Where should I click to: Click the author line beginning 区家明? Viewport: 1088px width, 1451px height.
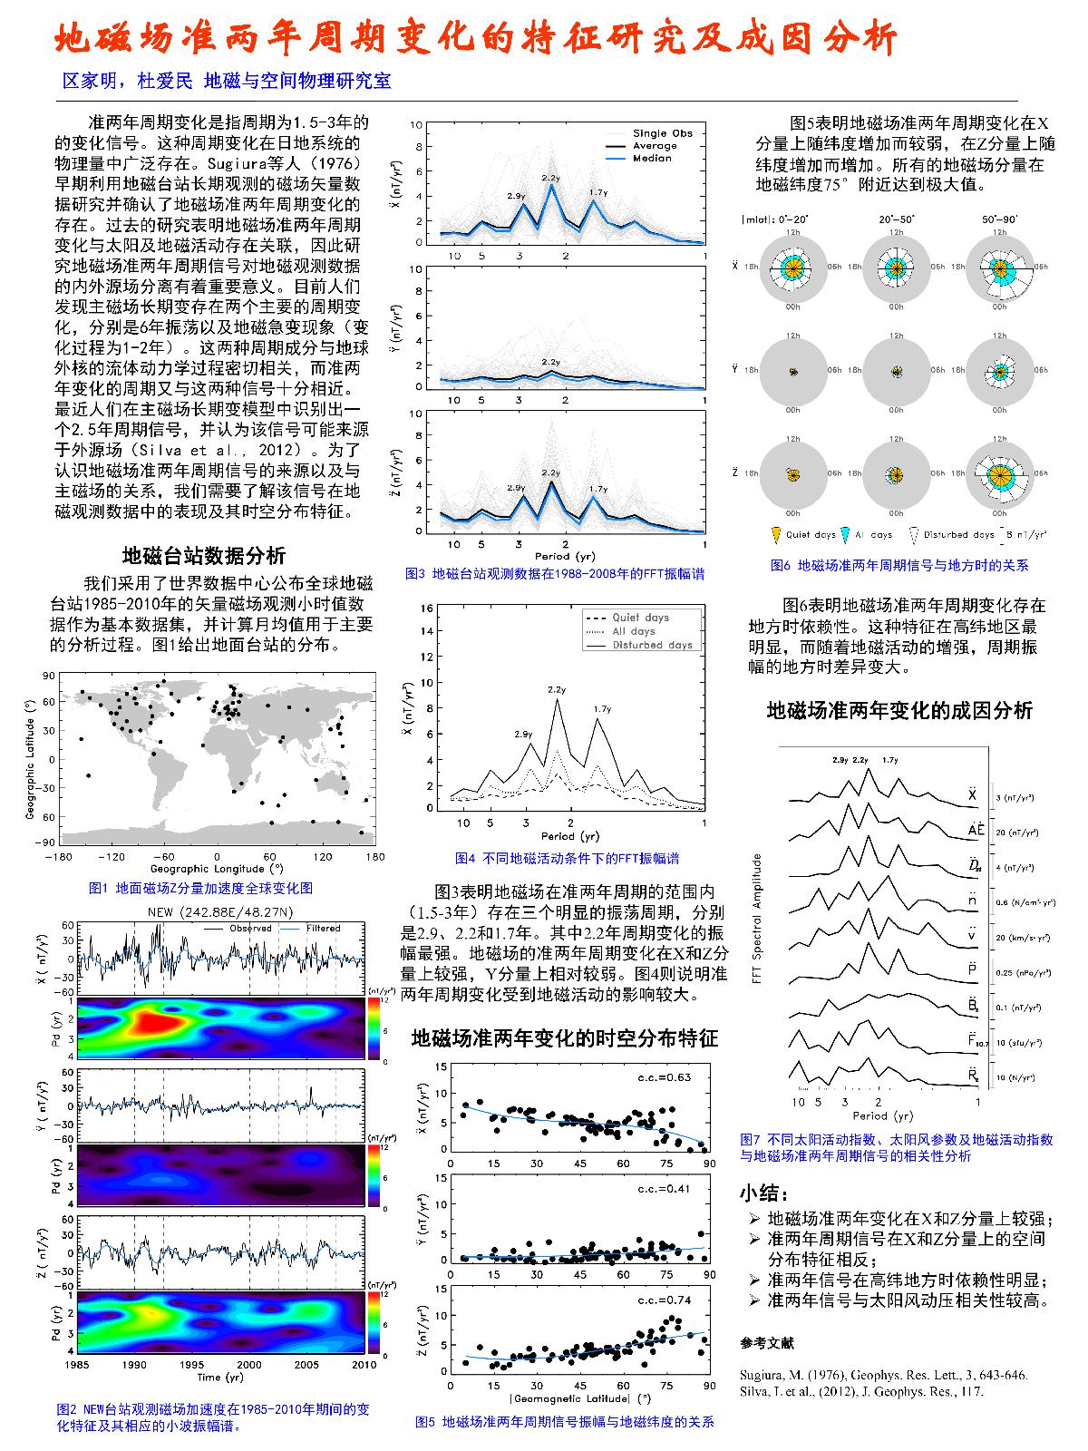[226, 81]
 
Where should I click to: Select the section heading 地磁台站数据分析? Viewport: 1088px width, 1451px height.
[204, 555]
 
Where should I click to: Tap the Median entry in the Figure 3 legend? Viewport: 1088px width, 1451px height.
[652, 159]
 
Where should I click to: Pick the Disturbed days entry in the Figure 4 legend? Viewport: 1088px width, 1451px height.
[652, 645]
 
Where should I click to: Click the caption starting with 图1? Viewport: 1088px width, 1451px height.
[201, 888]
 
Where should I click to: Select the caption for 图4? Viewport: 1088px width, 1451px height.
[567, 858]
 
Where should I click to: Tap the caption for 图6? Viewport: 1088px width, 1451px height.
[899, 565]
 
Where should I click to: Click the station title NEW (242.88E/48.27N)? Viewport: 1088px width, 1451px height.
[219, 911]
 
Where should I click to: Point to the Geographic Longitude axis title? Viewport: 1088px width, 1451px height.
[216, 869]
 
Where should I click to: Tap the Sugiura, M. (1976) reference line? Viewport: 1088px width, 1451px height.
[883, 1375]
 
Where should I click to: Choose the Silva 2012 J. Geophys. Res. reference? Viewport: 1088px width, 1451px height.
[861, 1391]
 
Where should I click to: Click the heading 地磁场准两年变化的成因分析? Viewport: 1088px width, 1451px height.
[899, 711]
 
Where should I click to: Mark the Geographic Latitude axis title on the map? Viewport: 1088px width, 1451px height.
[30, 757]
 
